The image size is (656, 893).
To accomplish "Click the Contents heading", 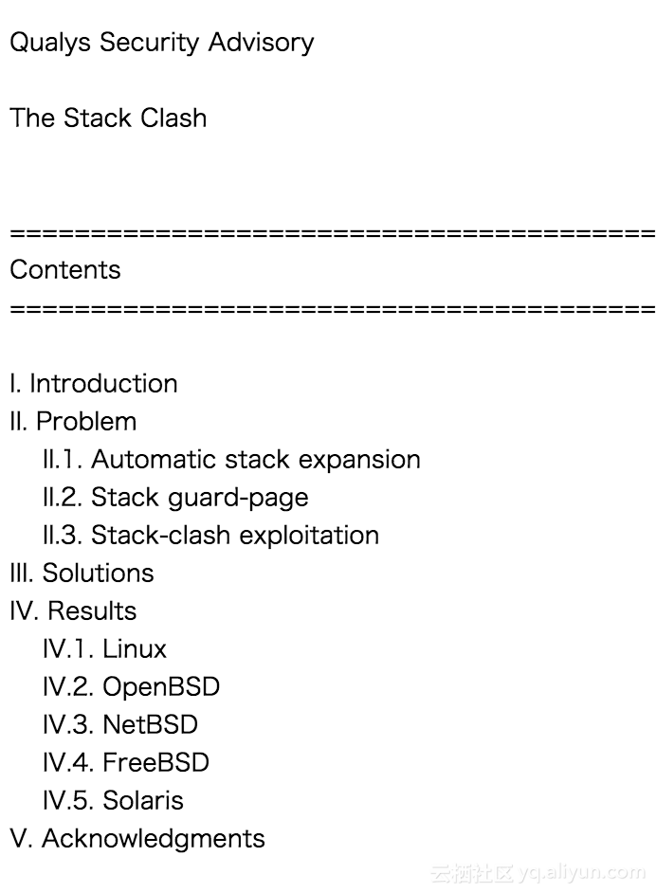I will pos(65,270).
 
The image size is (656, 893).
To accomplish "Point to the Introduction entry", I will pos(103,384).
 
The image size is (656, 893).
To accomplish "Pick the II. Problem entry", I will pos(73,422).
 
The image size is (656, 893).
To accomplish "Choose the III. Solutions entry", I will pos(82,574).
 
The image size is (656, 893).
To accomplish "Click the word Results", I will pos(92,611).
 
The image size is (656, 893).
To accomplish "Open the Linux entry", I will pos(135,649).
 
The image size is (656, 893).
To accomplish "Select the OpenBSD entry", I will pos(161,687).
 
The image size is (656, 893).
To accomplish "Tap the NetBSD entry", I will pos(151,725).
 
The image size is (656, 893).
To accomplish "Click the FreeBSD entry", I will pos(155,763).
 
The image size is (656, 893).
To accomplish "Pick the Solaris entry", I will pos(143,801).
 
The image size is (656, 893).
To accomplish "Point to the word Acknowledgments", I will pos(154,839).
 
